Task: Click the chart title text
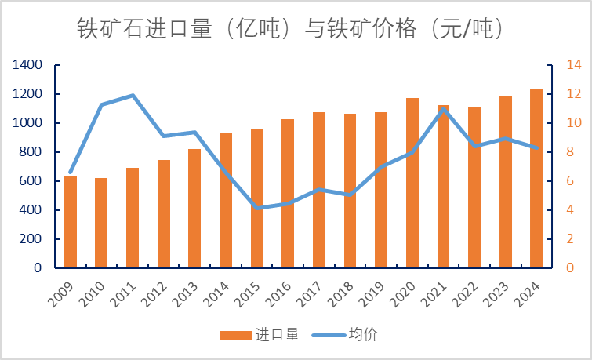[289, 29]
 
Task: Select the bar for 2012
[164, 213]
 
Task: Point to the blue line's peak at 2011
[133, 96]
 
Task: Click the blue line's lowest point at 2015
[257, 208]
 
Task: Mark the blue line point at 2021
[443, 109]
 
